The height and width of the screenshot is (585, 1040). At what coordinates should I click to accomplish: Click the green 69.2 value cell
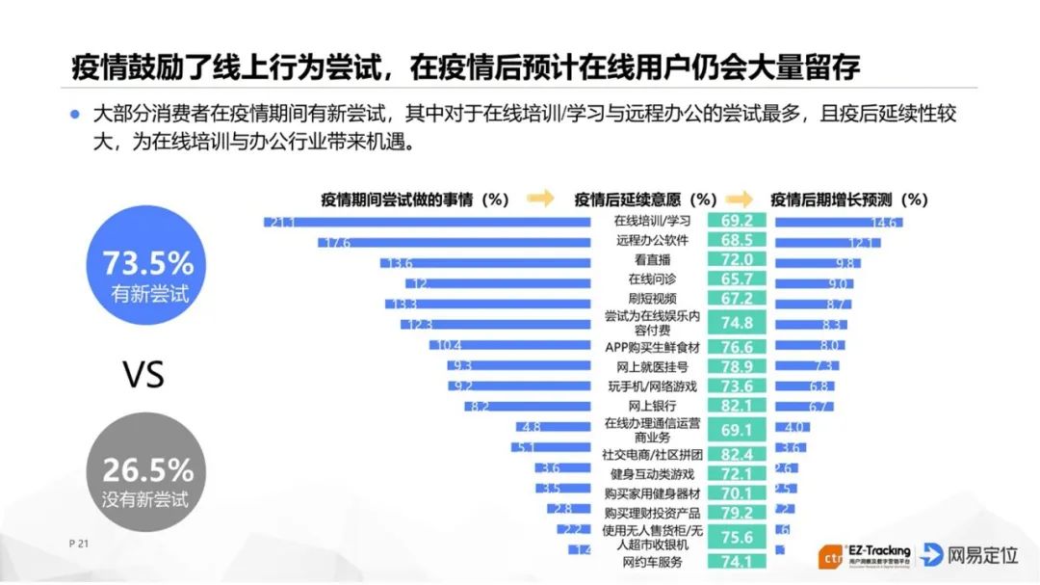click(x=737, y=221)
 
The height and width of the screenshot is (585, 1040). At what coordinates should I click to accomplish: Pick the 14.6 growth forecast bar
click(x=838, y=222)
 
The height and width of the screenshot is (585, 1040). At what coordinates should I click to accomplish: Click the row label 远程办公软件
click(x=652, y=240)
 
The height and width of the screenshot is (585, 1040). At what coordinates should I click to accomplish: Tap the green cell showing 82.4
click(x=737, y=453)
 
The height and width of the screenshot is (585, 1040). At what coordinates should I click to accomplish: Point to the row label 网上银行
click(x=652, y=406)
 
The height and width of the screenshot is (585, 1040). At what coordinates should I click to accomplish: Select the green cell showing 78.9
click(x=737, y=366)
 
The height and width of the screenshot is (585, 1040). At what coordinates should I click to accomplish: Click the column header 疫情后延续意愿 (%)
click(x=645, y=199)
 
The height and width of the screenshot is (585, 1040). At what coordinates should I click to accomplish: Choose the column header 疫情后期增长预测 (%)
click(x=848, y=199)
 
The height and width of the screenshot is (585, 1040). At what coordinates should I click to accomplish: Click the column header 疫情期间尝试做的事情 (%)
click(x=414, y=199)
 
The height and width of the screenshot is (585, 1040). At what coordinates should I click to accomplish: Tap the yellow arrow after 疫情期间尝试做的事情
click(x=541, y=199)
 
